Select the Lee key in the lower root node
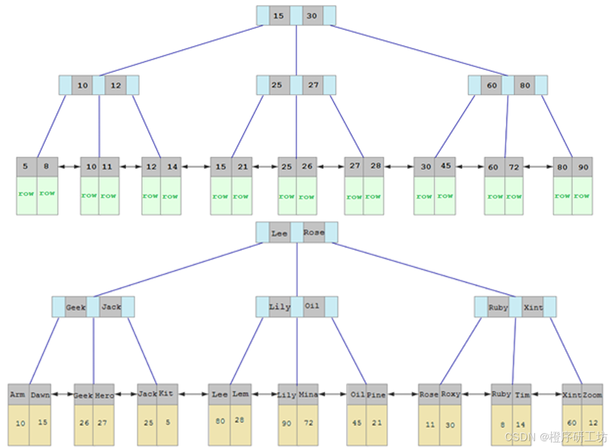[x=279, y=233]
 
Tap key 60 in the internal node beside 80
[x=492, y=85]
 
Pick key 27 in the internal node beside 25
[x=313, y=85]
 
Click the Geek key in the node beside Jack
[x=76, y=307]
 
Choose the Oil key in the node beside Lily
[x=312, y=306]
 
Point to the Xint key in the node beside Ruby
[x=532, y=307]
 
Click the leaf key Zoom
[x=592, y=395]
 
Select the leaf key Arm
[x=18, y=395]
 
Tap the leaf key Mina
[x=307, y=395]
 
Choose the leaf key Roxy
[x=450, y=394]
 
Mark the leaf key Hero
[x=104, y=395]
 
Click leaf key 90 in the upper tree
[x=582, y=167]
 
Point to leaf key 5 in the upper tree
[x=25, y=167]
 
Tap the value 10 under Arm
[x=20, y=423]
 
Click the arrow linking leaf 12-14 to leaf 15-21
[x=196, y=167]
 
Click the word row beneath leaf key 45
[x=445, y=196]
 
